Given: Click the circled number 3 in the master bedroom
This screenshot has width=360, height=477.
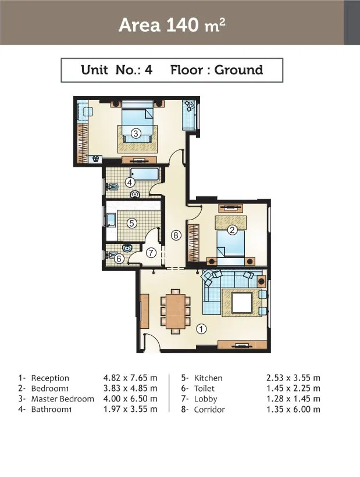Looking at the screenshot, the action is coord(136,133).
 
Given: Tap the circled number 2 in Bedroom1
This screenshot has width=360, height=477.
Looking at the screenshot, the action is coord(233,229).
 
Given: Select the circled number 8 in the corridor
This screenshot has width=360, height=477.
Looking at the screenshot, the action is coord(176,235).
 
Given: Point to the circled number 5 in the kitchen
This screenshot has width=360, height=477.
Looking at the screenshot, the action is coord(131,223).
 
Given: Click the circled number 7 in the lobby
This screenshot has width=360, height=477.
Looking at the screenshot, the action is coord(151,253).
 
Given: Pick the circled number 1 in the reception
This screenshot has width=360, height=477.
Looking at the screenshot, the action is coord(201,329).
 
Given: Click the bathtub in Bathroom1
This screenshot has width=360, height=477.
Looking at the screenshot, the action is coord(144,174).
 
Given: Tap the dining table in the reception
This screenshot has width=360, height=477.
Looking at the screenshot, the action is coord(176,311).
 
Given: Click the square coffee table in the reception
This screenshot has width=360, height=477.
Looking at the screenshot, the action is coord(242,303).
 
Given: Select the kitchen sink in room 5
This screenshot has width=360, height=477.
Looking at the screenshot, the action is coord(111,220).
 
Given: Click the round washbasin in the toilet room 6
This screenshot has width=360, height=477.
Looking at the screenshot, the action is coord(127,248).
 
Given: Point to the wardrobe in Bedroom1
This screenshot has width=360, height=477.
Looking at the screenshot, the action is coord(194,243).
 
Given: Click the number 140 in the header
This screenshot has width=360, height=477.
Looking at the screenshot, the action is coord(182,25).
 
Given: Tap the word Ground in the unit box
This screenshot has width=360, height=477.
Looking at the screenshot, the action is coord(239,70).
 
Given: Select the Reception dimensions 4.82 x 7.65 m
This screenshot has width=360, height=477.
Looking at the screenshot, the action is coord(130,378).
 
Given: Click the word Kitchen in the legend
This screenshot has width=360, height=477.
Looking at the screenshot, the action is coord(208,378).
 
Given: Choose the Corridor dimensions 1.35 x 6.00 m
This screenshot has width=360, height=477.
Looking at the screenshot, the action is coord(293,410).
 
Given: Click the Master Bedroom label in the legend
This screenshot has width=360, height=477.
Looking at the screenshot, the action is coord(62,399).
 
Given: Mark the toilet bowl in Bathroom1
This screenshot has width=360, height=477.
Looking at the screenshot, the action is coord(112,187).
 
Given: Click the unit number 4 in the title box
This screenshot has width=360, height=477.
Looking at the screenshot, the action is coord(148,70).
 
